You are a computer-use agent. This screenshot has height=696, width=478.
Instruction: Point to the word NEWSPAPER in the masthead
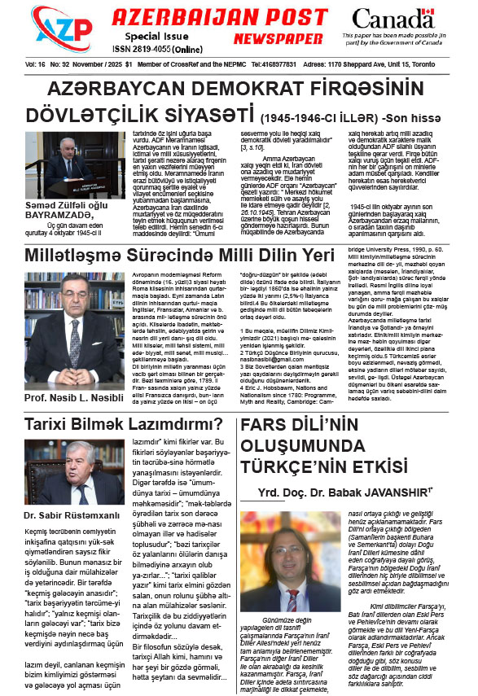click(x=275, y=38)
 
